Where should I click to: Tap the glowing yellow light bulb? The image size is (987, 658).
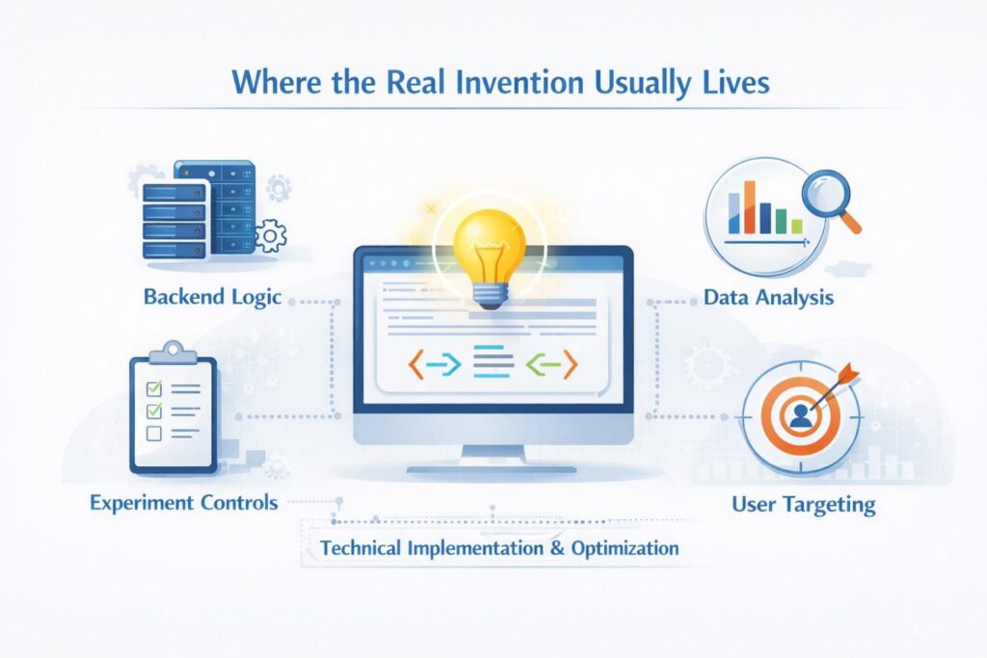pos(490,258)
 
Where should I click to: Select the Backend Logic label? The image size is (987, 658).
pos(212,297)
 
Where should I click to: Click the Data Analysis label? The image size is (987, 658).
pos(768,297)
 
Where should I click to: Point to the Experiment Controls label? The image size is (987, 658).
pos(184,503)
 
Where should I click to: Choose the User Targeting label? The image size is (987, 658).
pos(803,504)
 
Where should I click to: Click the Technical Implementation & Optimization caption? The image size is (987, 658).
pos(499,548)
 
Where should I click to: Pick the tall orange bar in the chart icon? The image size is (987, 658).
pos(749,207)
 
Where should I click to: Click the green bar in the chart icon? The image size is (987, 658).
pos(781,222)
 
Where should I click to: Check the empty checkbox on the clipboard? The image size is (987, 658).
pos(153,434)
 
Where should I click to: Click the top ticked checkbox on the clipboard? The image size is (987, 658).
pos(154,388)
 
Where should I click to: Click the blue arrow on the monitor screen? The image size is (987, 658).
pos(444,364)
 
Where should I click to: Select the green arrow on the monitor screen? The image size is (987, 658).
pos(542,363)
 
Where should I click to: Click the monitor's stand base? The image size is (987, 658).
pos(492,468)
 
